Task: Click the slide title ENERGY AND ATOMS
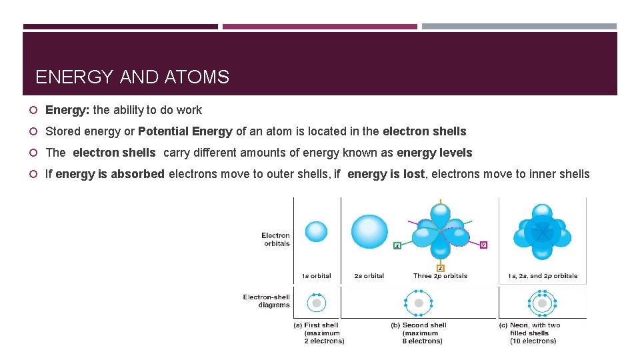click(132, 77)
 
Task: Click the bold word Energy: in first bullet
click(67, 110)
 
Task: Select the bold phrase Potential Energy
click(185, 131)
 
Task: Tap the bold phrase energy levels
click(434, 153)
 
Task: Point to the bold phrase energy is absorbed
click(110, 174)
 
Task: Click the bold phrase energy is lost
click(386, 174)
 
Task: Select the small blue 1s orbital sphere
click(316, 231)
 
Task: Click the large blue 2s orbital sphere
click(369, 231)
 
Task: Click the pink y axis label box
click(483, 245)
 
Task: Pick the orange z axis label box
click(441, 268)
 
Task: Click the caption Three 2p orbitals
click(440, 276)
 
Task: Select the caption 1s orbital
click(316, 276)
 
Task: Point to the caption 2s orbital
click(369, 276)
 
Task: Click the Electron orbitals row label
click(275, 239)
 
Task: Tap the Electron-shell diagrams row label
click(267, 301)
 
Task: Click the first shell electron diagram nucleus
click(317, 303)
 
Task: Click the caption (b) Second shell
click(419, 325)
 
